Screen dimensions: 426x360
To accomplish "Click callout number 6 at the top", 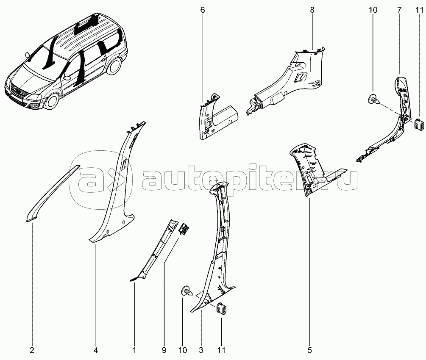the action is [x=203, y=10].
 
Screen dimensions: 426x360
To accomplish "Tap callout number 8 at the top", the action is [x=312, y=10].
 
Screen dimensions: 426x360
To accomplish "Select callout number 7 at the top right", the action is [x=399, y=10].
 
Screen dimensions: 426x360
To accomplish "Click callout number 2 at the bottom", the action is [x=32, y=351].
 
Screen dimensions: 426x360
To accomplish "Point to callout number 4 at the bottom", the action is [x=96, y=351].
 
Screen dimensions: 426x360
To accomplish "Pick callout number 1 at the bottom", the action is [x=134, y=351].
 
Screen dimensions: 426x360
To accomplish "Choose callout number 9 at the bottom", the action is [x=164, y=351].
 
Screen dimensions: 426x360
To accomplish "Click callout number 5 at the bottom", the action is [x=310, y=351].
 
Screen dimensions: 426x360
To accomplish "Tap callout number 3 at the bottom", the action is [x=201, y=351].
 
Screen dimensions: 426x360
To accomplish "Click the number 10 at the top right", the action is [x=373, y=10].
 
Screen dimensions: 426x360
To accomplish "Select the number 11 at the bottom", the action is [x=221, y=351].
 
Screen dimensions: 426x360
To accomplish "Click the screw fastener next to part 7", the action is [x=374, y=100].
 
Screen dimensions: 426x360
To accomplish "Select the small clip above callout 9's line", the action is [x=184, y=224].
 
